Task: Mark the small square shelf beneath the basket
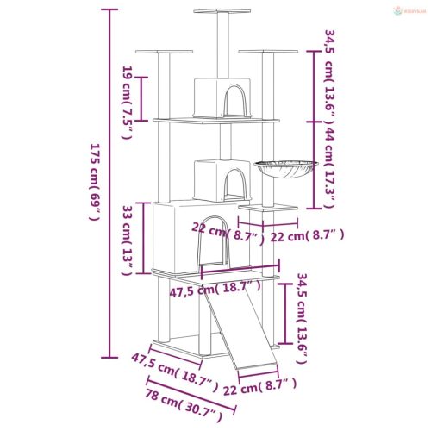261,207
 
